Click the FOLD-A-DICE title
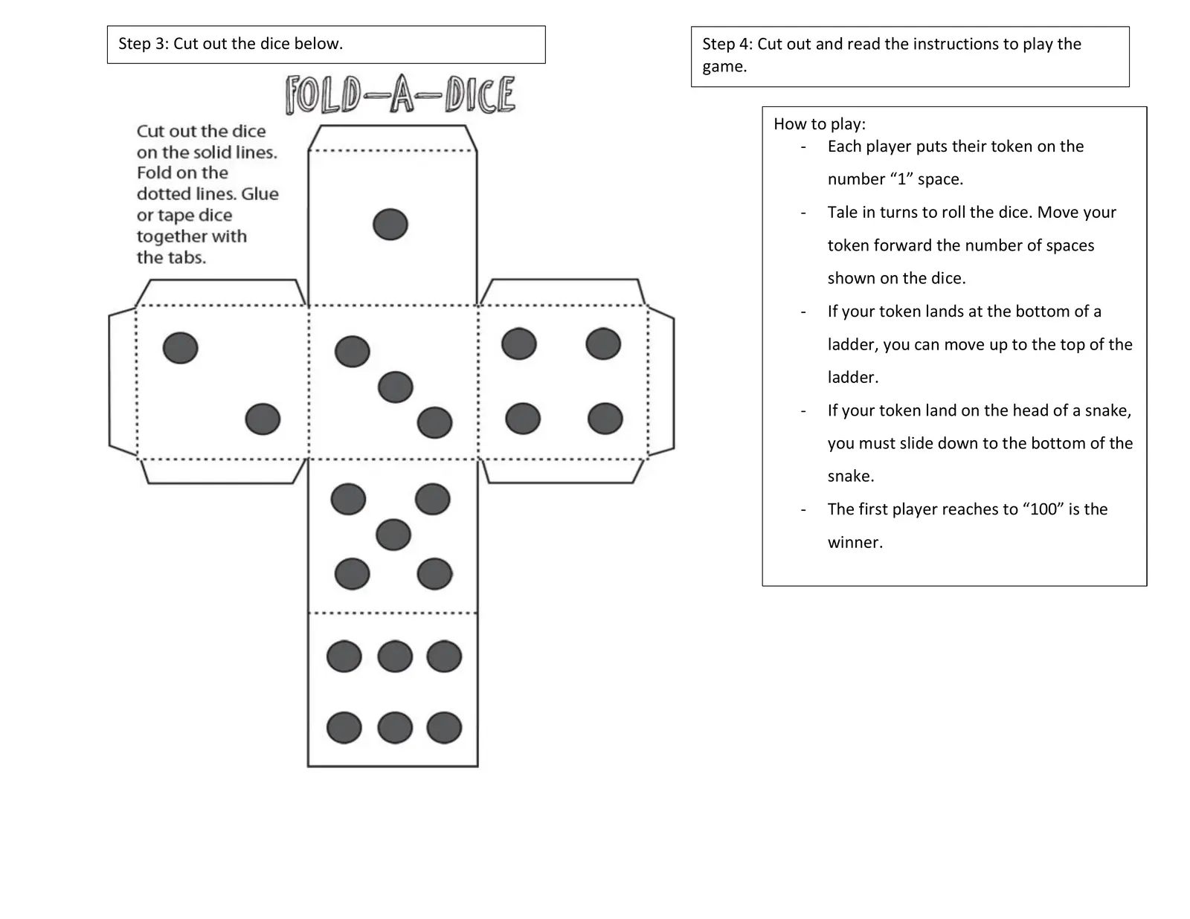pos(400,94)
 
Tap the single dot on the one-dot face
pos(390,224)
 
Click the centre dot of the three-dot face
pos(395,387)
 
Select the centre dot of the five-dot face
pos(393,535)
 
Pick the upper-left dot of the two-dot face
pos(181,347)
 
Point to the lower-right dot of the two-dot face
pos(263,419)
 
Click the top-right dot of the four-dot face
pos(603,344)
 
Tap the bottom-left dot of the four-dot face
pos(523,418)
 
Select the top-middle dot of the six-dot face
pos(395,657)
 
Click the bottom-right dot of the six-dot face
pos(444,728)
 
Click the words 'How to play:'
pos(820,124)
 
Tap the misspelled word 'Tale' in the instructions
pos(843,213)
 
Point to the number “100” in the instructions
pos(1043,509)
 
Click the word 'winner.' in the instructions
pos(855,543)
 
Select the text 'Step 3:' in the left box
pos(144,44)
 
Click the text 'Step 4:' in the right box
pos(727,44)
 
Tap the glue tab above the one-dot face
pos(393,138)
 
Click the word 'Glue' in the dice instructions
pos(260,194)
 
